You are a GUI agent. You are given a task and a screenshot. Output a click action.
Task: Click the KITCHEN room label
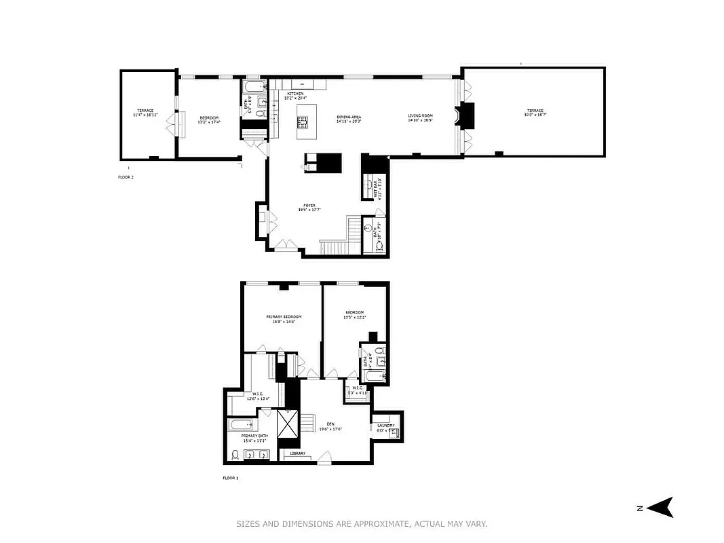[295, 93]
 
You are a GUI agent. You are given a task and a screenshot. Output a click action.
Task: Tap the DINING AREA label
[348, 117]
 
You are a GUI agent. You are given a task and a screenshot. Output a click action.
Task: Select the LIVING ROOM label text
[420, 116]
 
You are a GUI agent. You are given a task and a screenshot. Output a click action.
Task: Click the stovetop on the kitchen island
[303, 122]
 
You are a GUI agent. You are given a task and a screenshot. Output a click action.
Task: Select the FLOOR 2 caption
[126, 176]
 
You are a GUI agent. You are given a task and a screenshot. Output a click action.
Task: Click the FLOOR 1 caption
[231, 478]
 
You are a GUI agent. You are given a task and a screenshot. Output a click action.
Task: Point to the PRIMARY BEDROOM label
[283, 316]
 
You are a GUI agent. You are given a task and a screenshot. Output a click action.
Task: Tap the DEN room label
[330, 424]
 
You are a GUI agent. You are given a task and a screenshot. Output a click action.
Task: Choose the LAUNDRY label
[385, 426]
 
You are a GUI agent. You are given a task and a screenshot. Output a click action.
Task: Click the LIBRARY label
[298, 453]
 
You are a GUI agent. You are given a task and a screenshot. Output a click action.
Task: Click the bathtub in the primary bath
[242, 426]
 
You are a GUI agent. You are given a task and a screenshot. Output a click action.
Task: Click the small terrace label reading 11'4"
[145, 111]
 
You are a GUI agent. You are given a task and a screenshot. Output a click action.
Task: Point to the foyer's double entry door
[285, 245]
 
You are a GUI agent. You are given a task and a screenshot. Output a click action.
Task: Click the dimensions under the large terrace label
[534, 115]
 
